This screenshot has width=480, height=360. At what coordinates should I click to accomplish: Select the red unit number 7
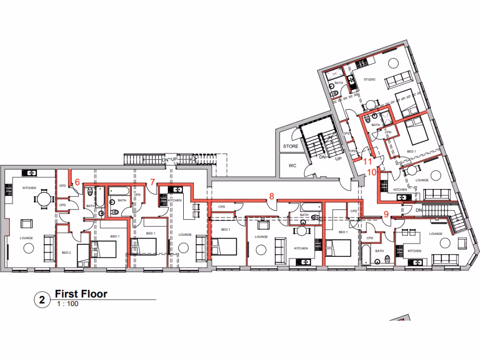152,181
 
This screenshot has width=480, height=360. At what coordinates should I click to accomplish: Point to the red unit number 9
386,215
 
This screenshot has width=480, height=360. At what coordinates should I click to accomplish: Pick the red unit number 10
371,172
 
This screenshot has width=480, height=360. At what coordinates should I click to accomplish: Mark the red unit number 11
368,160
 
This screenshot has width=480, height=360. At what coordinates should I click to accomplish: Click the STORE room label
291,147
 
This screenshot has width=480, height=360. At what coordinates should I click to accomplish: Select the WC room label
292,166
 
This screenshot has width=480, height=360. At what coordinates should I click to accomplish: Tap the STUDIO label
369,79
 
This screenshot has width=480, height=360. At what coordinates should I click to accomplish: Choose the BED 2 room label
66,253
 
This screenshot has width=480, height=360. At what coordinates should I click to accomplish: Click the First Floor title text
81,294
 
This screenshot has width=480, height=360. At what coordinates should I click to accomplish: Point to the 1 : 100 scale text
67,304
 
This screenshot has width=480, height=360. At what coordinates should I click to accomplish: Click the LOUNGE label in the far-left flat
26,238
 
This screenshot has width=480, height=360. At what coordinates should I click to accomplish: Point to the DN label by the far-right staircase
419,210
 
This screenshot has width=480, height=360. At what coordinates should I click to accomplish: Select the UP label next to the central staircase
337,159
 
